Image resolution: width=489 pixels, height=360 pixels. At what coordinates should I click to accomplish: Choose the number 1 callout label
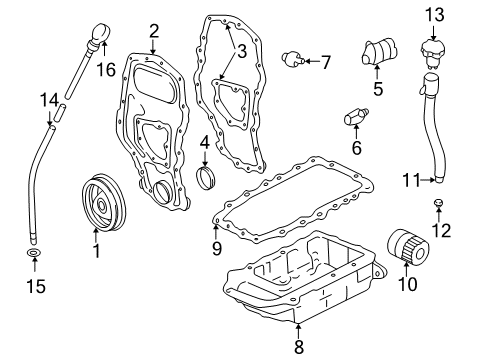pos(97,250)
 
